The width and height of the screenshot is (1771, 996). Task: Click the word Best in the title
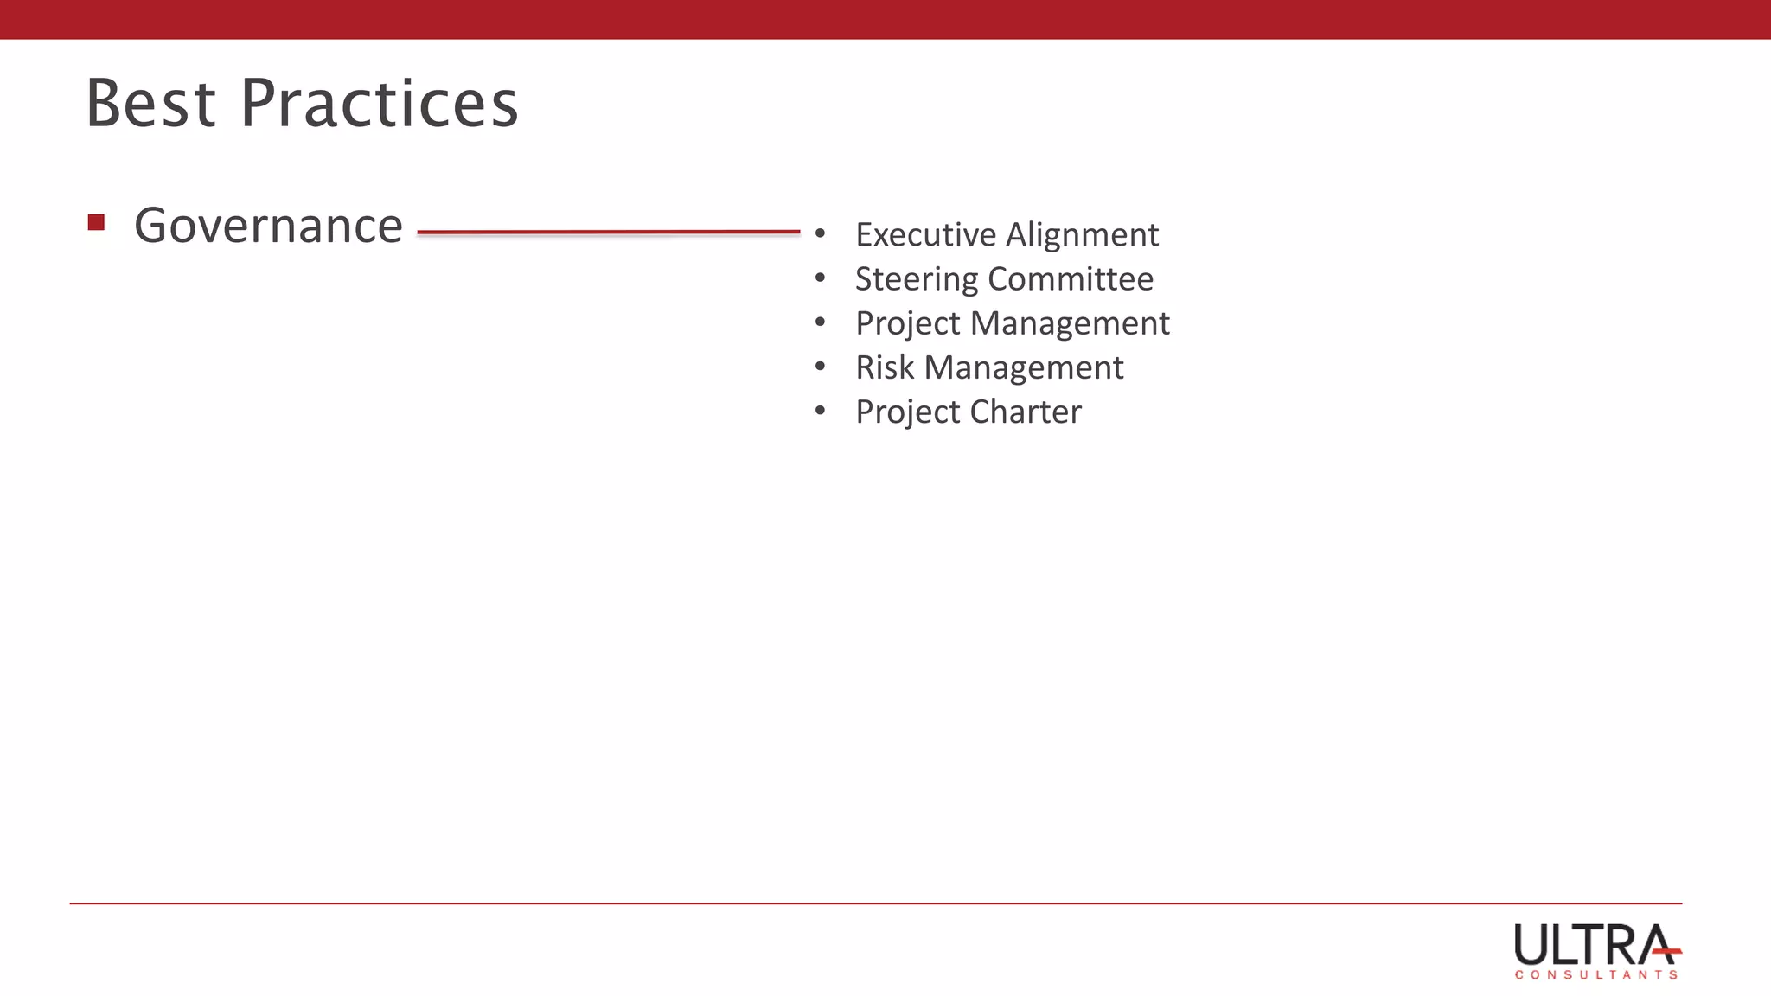[x=150, y=104]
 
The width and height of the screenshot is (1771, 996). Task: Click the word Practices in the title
[x=379, y=104]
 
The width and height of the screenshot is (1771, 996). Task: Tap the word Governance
[x=268, y=227]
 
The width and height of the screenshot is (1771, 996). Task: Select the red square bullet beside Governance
[x=96, y=223]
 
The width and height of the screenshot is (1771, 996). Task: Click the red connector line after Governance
[x=608, y=232]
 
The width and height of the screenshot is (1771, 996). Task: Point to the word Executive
[x=925, y=235]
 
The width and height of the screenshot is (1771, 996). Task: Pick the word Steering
[x=917, y=279]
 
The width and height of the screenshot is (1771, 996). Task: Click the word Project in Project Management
[x=908, y=324]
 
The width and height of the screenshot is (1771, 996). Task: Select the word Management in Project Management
[x=1070, y=323]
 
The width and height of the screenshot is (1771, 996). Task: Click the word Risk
[x=885, y=367]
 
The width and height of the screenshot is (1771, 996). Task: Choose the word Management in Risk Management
[x=1024, y=368]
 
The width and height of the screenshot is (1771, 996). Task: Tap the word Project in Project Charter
[x=908, y=412]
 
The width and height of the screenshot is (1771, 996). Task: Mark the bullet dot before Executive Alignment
[x=820, y=233]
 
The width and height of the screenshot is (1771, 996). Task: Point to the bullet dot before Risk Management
[x=820, y=367]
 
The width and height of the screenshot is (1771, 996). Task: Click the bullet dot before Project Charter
[x=820, y=411]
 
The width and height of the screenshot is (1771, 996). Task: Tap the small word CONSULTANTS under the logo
[x=1595, y=974]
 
